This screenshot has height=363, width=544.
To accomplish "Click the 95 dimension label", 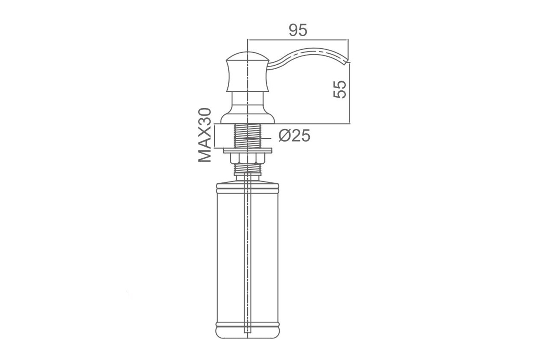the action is (x=298, y=30).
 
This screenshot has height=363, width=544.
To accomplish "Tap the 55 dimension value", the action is (x=339, y=89).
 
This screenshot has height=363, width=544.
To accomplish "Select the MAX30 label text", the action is (x=205, y=135).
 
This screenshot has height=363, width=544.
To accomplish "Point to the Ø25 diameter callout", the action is (x=294, y=136).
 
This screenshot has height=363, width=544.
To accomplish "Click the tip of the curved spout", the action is (x=347, y=62).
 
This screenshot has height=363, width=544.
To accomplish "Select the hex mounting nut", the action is (x=247, y=158).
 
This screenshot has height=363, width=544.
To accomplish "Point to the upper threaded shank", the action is (x=247, y=136).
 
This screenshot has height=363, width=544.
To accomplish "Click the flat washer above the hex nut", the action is (x=247, y=151).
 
